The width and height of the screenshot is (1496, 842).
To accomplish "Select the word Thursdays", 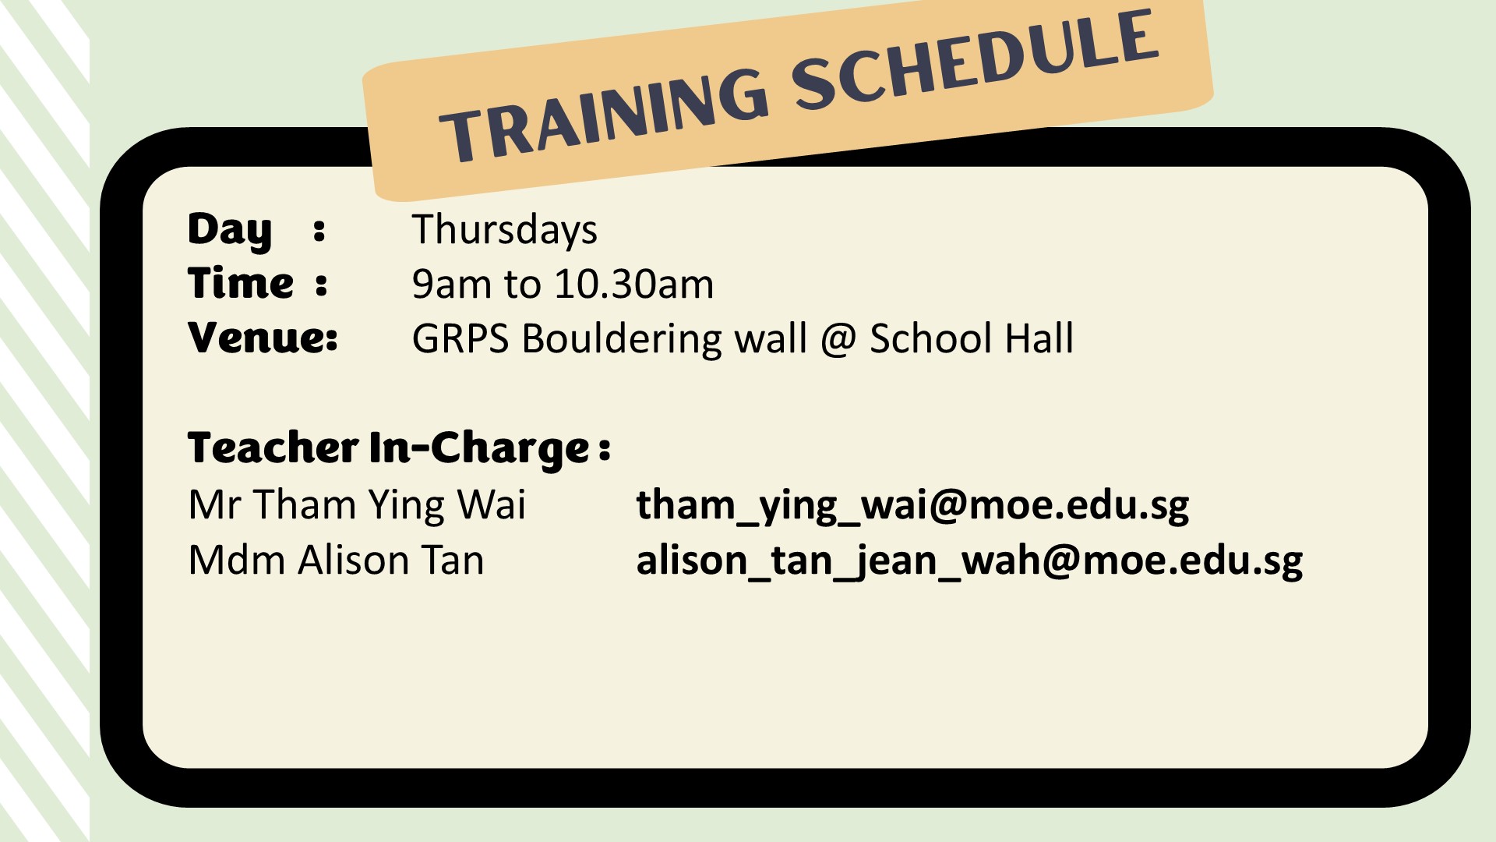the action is click(504, 230).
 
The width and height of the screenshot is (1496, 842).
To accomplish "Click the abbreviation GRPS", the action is click(460, 338).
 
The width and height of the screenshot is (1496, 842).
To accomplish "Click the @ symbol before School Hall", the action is click(838, 340).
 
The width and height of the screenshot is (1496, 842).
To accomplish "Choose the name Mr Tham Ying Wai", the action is click(357, 504).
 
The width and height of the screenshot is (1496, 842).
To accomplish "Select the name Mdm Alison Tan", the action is click(336, 560).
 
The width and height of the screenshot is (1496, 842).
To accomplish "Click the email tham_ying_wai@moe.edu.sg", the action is click(912, 505).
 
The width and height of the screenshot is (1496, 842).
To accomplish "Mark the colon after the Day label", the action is click(319, 230).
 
